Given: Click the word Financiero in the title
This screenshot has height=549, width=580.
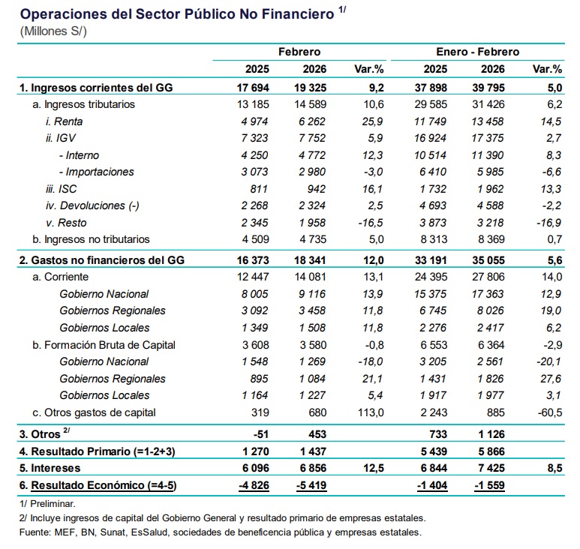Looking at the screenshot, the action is point(298,14).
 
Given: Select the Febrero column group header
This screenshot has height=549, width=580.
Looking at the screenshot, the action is point(299,52).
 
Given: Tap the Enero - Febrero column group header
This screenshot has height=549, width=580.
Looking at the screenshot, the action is point(477,52).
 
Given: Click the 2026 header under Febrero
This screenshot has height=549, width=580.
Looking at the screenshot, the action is point(314,69).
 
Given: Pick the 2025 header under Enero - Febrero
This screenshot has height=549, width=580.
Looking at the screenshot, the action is point(435,69).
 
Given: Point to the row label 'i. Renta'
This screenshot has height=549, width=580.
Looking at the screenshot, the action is point(64,121).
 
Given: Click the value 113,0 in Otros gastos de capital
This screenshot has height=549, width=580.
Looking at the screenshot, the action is point(371,412).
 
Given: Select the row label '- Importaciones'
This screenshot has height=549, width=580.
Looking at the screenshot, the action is point(96,172).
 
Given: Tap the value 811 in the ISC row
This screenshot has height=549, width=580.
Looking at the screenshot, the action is point(259,189).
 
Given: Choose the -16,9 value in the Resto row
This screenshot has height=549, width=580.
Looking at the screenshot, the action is point(549,223).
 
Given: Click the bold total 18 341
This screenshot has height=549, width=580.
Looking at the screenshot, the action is point(310,260).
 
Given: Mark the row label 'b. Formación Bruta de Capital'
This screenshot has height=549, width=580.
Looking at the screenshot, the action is point(104,345).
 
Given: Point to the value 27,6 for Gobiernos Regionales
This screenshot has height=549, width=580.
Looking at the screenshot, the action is point(551,379).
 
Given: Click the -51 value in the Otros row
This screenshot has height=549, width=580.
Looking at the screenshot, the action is point(261,434).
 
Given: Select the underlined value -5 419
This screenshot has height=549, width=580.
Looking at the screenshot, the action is point(311,485).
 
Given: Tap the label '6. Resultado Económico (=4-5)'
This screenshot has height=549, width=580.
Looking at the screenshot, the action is point(98,485).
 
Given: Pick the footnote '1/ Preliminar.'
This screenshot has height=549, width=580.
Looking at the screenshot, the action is point(47,504).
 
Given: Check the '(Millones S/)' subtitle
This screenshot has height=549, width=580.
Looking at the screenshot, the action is point(53,31).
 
